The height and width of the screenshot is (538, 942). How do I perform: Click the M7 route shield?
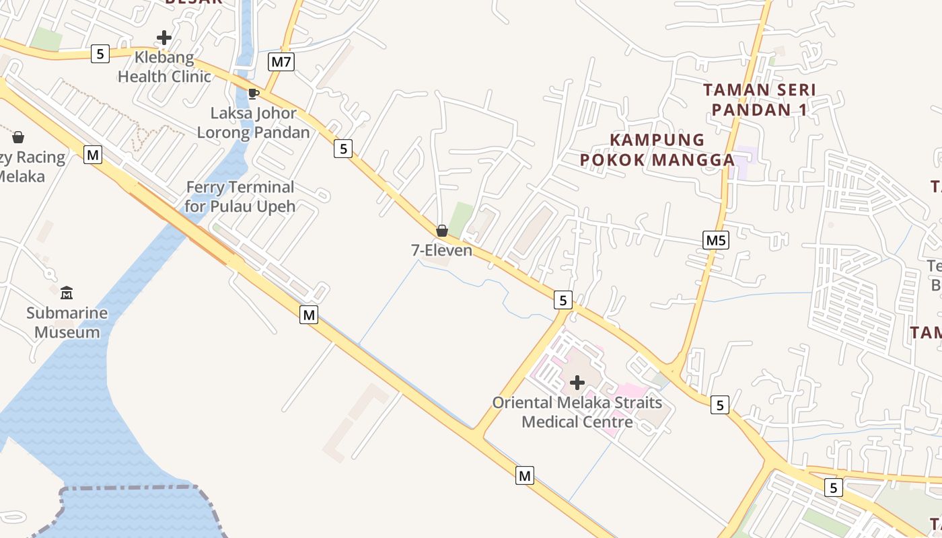point(281,62)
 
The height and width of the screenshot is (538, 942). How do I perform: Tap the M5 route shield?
point(716,240)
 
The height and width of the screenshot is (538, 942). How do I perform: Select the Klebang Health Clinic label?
point(164,67)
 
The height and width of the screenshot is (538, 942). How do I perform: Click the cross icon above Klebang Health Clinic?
point(164,38)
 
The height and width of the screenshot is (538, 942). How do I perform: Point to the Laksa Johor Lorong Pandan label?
point(253,122)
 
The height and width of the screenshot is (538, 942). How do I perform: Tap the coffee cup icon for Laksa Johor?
point(253,93)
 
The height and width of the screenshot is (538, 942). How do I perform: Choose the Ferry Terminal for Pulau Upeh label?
point(240,196)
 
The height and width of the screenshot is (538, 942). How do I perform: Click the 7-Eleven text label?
point(441,250)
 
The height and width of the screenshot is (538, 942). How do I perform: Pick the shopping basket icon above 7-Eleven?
point(442,231)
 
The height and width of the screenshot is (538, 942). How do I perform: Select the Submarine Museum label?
point(67,322)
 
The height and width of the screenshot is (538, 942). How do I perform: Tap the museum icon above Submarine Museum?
point(67,293)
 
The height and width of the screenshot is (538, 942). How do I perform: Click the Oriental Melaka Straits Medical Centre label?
point(577,412)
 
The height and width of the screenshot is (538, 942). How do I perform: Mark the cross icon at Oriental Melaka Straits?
point(577,383)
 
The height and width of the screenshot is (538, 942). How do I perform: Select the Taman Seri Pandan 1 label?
point(760,100)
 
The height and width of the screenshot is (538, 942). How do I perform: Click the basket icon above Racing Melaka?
point(18,138)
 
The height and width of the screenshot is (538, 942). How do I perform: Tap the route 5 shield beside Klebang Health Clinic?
point(100,54)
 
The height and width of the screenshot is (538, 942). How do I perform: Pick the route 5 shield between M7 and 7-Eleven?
point(343,149)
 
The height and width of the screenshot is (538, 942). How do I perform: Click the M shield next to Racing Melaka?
point(93,155)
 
